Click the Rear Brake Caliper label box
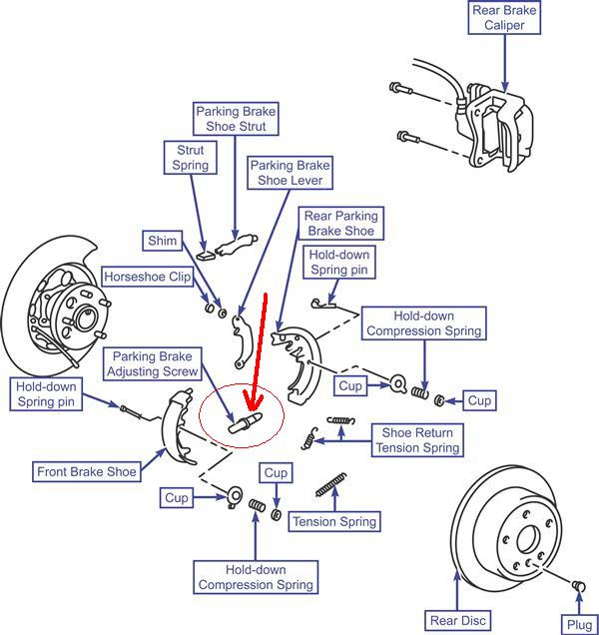pos(504,18)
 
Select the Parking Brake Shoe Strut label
pos(236,119)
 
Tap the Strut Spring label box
pos(190,158)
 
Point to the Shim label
pos(162,242)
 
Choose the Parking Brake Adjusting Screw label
pos(155,363)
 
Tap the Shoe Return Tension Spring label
pos(418,440)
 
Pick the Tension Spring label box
pos(334,521)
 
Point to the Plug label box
pos(578,624)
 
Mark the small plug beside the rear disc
pos(578,584)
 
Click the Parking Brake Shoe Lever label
pos(290,173)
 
